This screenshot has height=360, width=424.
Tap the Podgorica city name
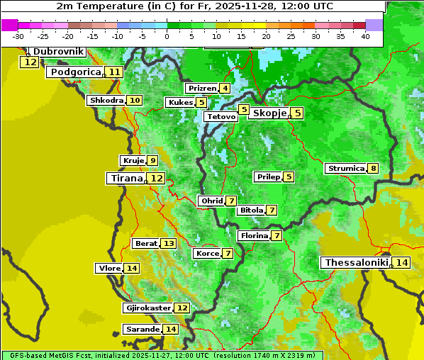coord(74,72)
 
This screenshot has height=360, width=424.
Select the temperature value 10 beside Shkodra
coord(135,101)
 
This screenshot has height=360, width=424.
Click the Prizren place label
coord(201,89)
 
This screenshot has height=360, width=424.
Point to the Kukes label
coord(180,103)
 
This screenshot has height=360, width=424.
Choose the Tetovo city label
coord(220,116)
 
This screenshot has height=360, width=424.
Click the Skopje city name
coord(269,113)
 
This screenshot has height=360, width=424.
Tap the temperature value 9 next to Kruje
coord(152,160)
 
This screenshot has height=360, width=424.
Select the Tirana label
coord(125,178)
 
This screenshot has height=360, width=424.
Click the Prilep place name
coord(267,176)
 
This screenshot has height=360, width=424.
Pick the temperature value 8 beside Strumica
coord(373,169)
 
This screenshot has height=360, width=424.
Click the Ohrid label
coord(211,201)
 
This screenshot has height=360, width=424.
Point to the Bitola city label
coord(251,210)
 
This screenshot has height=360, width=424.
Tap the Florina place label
coord(254,235)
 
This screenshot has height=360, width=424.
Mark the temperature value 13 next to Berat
coord(168,244)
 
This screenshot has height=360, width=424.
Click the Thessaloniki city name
coord(356,263)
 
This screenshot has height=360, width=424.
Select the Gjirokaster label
coord(147,308)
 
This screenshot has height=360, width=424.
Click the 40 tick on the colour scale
coord(365,35)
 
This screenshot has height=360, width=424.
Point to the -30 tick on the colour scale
coord(18,35)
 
